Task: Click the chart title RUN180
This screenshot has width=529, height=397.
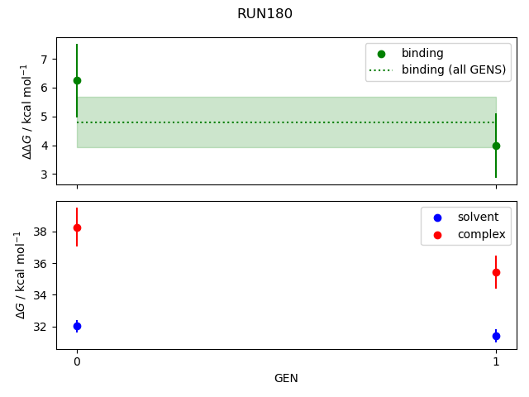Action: click(x=264, y=14)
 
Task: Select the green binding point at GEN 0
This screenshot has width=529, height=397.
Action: click(x=77, y=80)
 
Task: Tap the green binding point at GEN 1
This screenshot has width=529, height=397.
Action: click(x=496, y=146)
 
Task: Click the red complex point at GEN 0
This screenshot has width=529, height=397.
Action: click(x=77, y=227)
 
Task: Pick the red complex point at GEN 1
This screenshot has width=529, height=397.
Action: click(x=496, y=272)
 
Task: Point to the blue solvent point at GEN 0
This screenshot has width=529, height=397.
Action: click(x=77, y=326)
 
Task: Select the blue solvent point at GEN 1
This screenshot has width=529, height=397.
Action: click(x=496, y=336)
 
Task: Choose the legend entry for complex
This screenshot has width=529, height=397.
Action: click(x=472, y=235)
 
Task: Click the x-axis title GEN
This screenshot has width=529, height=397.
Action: click(x=286, y=379)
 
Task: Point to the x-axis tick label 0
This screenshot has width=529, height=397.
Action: click(x=77, y=361)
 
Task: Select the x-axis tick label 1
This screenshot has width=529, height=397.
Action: click(x=496, y=361)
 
